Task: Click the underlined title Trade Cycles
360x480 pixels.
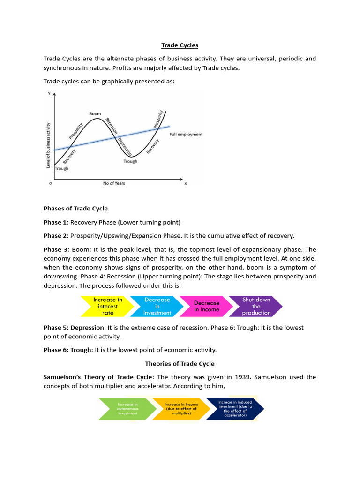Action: [180, 45]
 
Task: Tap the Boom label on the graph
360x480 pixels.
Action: [95, 114]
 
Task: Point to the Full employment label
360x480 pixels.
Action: [186, 135]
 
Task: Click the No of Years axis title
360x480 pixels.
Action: [114, 183]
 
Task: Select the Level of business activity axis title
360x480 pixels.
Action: [48, 145]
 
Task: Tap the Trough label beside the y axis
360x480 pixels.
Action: [61, 168]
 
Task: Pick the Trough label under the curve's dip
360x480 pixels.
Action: [130, 161]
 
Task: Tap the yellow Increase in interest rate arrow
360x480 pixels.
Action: [107, 306]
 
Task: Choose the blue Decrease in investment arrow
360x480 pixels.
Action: [157, 306]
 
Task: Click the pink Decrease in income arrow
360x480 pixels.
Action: [206, 306]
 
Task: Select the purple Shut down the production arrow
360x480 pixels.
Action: [256, 306]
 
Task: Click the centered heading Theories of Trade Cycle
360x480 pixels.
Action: [180, 364]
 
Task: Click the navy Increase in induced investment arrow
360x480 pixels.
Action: [235, 408]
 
